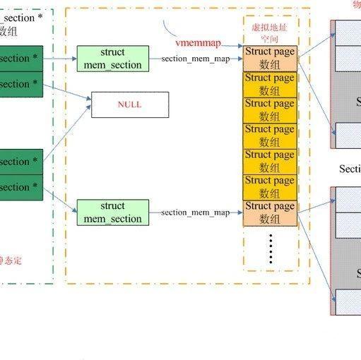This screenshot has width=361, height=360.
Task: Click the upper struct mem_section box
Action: click(112, 59)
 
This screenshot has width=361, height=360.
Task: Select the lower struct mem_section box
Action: click(112, 212)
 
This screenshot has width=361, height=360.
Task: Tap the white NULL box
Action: click(130, 104)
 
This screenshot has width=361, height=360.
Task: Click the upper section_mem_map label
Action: click(195, 59)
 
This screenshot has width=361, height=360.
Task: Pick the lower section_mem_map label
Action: click(195, 212)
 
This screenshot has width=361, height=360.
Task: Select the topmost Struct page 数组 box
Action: click(269, 59)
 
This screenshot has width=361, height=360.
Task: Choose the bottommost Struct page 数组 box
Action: click(269, 212)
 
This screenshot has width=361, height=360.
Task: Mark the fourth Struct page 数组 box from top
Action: click(269, 136)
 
